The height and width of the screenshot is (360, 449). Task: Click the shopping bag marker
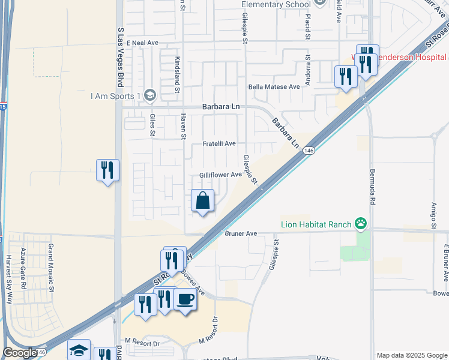click(x=203, y=201)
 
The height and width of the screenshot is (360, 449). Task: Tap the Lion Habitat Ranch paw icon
click(x=360, y=225)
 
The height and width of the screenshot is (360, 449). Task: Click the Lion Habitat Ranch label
click(x=316, y=225)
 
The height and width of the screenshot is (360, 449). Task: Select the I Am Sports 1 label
click(x=115, y=95)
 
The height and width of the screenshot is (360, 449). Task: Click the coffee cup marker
click(x=185, y=299)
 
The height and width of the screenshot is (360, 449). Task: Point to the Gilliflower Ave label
click(x=220, y=175)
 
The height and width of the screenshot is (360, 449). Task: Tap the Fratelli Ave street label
click(x=218, y=144)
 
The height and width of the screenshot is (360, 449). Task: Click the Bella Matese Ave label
click(x=274, y=87)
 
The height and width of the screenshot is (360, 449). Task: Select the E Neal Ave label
click(x=139, y=43)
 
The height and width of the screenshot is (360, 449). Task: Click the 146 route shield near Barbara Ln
click(x=309, y=151)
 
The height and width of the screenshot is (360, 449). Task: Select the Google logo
click(x=20, y=353)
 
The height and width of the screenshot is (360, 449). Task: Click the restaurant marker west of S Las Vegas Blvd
click(x=107, y=170)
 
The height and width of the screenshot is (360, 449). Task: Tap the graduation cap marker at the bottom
click(x=79, y=351)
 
